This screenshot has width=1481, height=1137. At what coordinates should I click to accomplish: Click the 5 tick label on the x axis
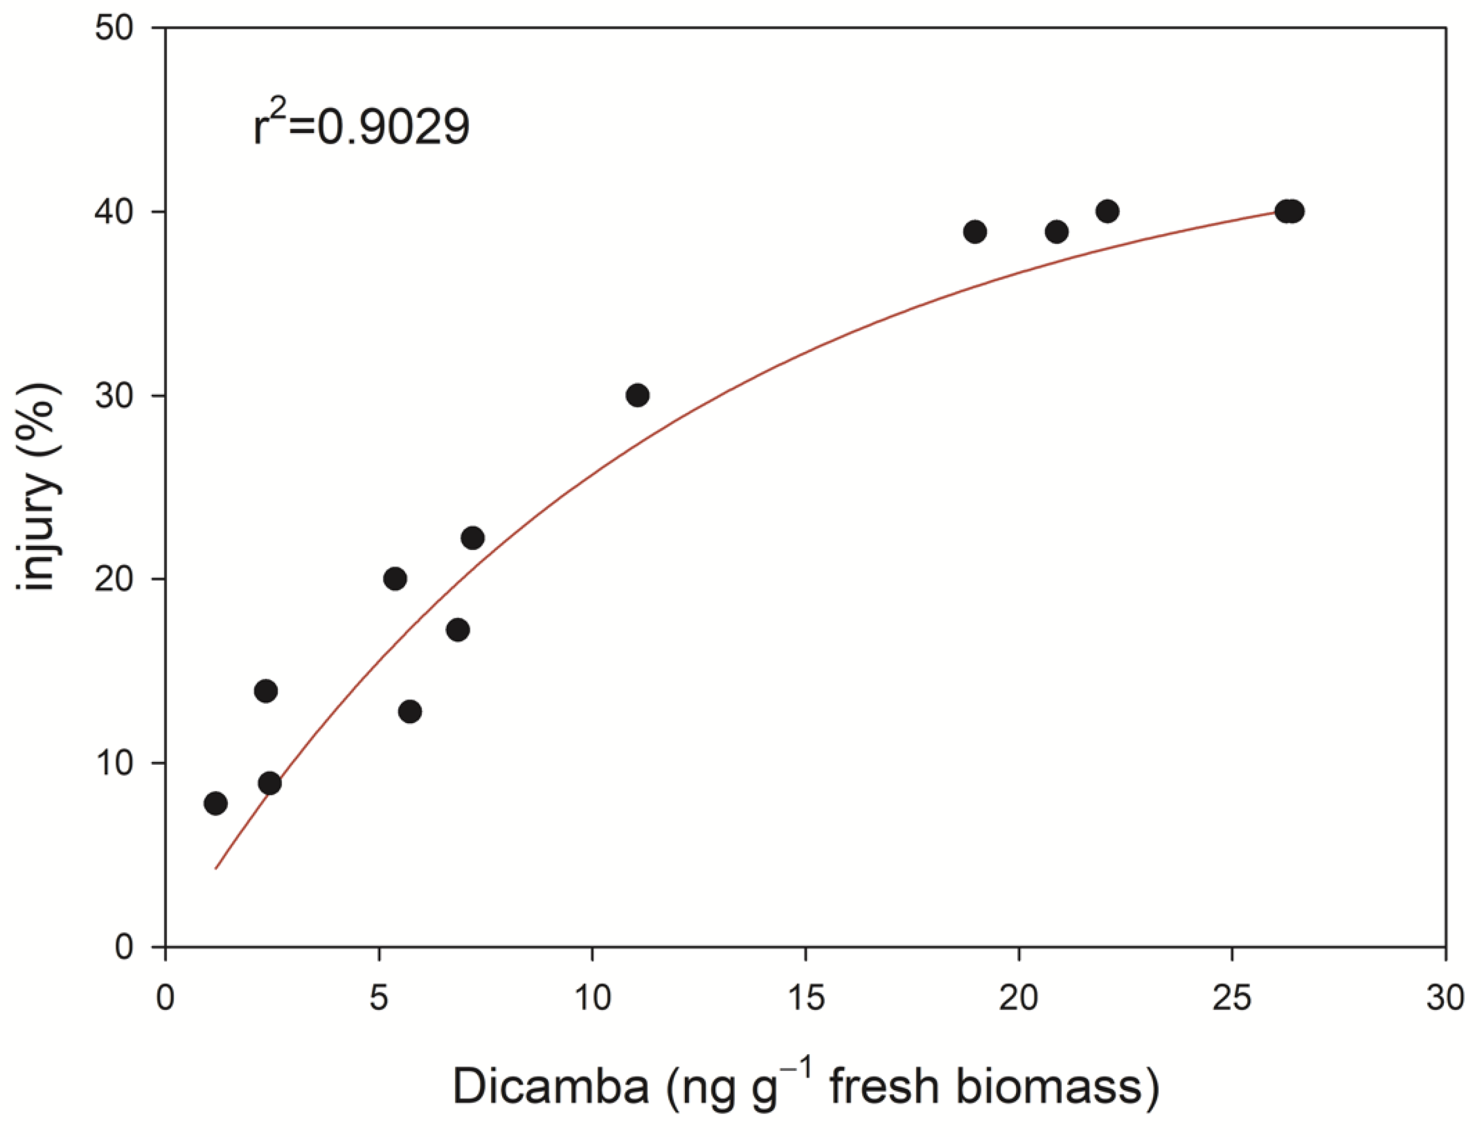(379, 998)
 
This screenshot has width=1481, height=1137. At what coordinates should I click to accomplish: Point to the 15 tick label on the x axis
(805, 998)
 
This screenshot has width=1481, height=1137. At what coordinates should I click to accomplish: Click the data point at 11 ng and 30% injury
(637, 395)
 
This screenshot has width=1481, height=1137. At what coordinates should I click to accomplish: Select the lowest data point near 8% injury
(215, 803)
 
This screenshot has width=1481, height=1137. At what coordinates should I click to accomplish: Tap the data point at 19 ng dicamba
(975, 232)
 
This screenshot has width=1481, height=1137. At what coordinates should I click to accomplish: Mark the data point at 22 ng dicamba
(1107, 211)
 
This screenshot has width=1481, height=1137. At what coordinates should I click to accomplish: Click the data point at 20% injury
(394, 578)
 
